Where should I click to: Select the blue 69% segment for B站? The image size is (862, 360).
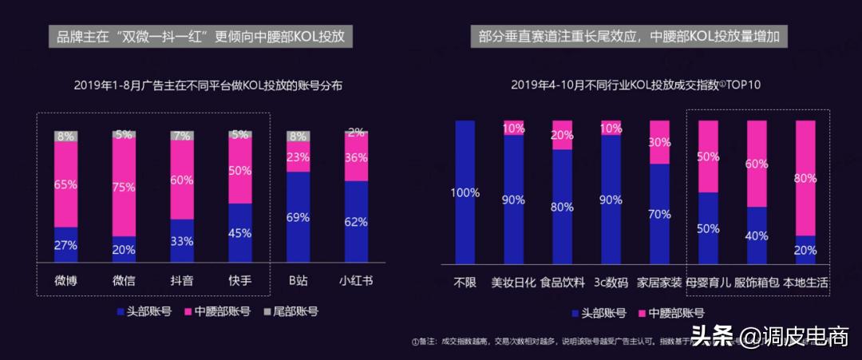[298, 217]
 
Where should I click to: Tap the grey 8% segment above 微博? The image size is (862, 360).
[65, 136]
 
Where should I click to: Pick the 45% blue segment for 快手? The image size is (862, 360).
[240, 232]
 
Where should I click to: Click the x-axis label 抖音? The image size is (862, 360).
[182, 280]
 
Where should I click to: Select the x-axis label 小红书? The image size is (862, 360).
[357, 280]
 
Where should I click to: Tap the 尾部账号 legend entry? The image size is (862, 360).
[287, 311]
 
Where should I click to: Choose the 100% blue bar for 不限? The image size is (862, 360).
[465, 192]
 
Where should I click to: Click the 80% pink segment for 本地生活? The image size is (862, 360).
[805, 177]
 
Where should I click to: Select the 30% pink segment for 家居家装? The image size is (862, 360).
[659, 142]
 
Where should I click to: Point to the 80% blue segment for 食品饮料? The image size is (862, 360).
[562, 206]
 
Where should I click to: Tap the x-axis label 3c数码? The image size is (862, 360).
[611, 282]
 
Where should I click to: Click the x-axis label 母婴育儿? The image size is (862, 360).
[708, 282]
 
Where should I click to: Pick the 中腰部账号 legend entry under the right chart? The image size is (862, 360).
[670, 313]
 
